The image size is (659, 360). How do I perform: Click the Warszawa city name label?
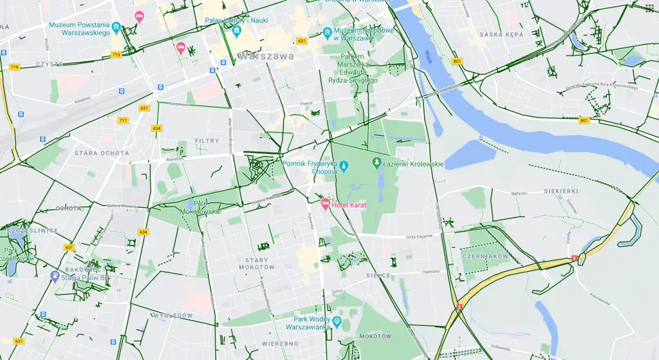[265, 56]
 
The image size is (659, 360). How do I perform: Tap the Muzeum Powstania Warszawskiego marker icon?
[116, 27]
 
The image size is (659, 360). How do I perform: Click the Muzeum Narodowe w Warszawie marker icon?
[328, 32]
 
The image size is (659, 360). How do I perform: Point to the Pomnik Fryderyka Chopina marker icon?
[344, 166]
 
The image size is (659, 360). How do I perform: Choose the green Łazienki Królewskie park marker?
[377, 164]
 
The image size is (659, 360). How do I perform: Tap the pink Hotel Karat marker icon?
[326, 204]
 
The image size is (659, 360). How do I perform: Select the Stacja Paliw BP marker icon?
[55, 276]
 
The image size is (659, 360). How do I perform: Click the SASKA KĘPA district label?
[501, 35]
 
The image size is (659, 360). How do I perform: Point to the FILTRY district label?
[207, 140]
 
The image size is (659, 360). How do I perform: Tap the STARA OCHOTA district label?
[102, 153]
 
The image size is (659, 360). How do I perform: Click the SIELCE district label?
[378, 275]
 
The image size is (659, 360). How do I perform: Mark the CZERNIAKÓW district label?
[485, 256]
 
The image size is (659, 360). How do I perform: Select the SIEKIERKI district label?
[561, 191]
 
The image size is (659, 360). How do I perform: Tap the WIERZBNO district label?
[280, 344]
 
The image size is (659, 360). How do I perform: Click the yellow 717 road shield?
[123, 120]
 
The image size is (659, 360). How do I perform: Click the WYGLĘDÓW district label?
[172, 316]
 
